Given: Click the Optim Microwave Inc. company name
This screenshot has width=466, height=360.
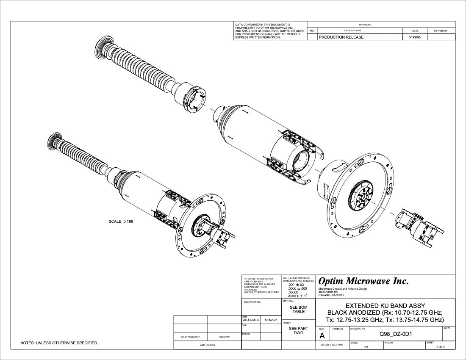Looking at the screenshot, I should (x=363, y=281).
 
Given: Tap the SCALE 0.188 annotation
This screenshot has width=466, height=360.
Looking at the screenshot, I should (x=121, y=222).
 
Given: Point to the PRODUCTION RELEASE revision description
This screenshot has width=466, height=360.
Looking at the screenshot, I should (x=341, y=37).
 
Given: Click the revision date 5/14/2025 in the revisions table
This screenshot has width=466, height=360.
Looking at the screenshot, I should (x=413, y=37).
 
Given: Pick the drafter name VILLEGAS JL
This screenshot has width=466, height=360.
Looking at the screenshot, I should (x=250, y=320).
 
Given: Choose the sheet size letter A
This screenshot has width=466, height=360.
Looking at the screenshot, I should (x=322, y=336).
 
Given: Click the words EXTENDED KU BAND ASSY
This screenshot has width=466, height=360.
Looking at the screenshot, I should (x=385, y=305).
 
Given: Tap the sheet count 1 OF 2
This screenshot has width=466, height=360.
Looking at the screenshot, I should (x=441, y=347).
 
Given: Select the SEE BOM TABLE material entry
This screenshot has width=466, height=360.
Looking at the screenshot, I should (x=298, y=309).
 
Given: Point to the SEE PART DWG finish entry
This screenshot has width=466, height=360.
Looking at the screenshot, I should (x=298, y=330).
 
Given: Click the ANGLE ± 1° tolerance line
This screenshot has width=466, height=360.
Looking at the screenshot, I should (x=297, y=296).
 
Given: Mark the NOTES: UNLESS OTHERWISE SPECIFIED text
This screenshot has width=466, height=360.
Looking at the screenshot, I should (x=59, y=343).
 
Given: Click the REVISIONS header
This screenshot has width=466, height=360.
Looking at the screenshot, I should (x=365, y=25).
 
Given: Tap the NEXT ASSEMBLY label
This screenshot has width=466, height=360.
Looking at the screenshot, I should (x=190, y=337).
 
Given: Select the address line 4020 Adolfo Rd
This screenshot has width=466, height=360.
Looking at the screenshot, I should (x=328, y=292).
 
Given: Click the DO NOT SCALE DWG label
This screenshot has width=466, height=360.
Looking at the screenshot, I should (x=332, y=345).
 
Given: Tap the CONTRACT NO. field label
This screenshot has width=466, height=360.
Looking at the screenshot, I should (x=252, y=302).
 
